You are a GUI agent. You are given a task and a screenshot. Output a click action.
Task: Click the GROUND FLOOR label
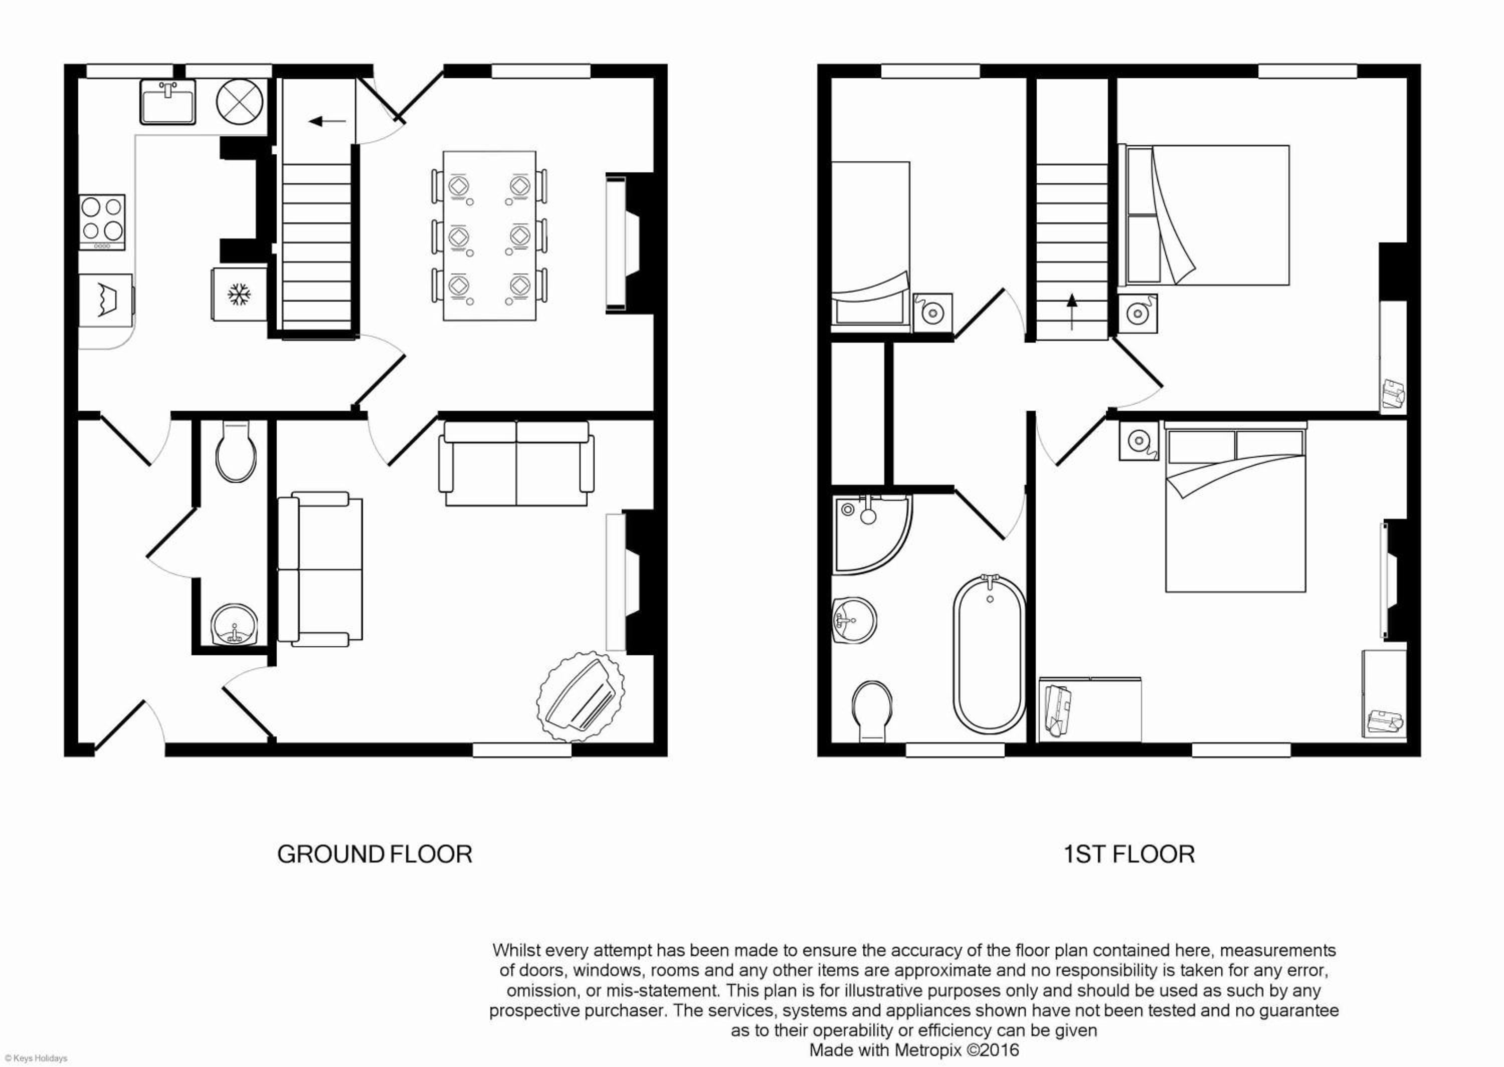tap(374, 854)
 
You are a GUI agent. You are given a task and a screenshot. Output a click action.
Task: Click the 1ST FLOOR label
tap(1129, 854)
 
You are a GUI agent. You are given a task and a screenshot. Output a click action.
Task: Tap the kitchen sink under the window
tap(167, 103)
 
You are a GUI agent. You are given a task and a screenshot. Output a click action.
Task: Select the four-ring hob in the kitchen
tap(102, 222)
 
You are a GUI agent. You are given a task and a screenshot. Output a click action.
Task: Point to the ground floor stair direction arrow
tap(328, 121)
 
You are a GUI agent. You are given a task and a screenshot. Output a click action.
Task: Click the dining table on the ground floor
tap(490, 236)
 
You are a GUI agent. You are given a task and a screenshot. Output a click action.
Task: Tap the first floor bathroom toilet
tap(872, 711)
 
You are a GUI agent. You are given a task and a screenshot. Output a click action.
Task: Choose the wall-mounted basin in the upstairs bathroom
tap(854, 620)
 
